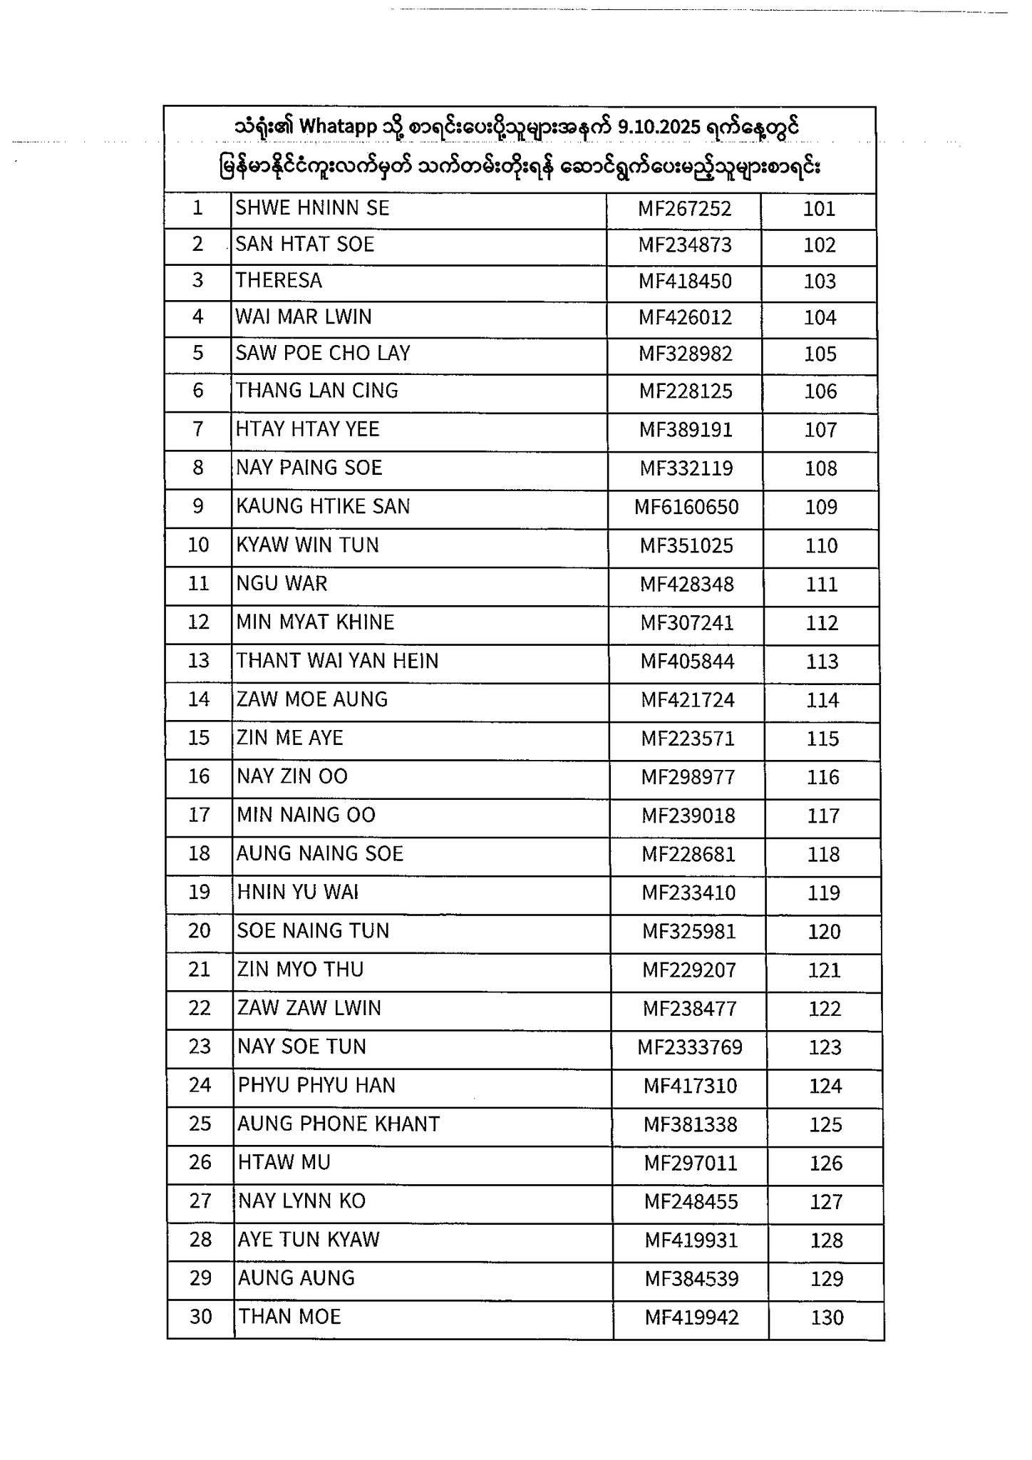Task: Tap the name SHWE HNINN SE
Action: point(312,208)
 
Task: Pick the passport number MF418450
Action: point(685,282)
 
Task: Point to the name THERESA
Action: point(279,281)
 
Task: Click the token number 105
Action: point(820,354)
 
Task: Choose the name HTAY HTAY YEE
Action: point(308,429)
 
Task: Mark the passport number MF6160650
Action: point(686,508)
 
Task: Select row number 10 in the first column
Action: point(198,545)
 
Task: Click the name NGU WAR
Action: point(282,584)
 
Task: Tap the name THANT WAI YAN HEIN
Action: point(337,661)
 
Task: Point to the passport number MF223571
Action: point(687,739)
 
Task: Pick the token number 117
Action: point(823,816)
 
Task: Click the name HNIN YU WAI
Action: point(297,893)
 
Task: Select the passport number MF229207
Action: point(688,970)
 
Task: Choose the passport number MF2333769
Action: point(690,1048)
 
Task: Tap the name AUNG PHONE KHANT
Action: point(339,1124)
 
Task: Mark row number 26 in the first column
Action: point(200,1163)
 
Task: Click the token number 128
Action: point(826,1241)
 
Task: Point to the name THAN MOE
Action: point(289,1317)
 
